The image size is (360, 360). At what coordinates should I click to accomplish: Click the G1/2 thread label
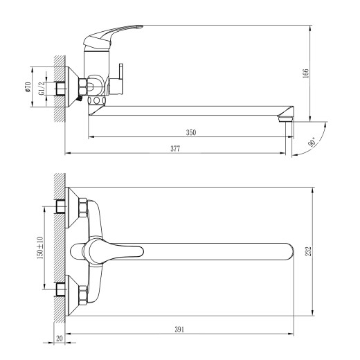click(x=41, y=86)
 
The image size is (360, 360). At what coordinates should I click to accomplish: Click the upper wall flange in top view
click(x=71, y=206)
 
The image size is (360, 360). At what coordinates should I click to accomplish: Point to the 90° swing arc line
click(x=300, y=147)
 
